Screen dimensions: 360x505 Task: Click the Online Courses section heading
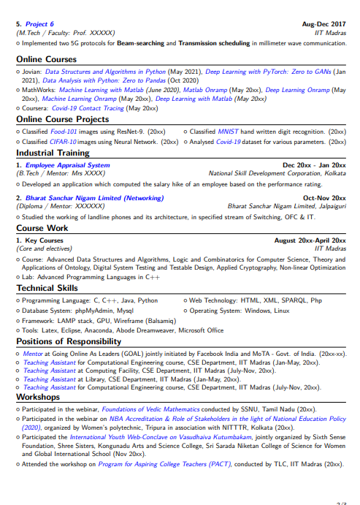coord(46,59)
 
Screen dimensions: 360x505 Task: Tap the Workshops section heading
coord(40,397)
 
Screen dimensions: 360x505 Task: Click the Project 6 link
coord(39,24)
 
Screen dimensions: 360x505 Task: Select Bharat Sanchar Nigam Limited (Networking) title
coord(94,198)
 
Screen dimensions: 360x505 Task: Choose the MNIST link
coord(228,131)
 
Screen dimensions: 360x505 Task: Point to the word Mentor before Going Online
coord(32,353)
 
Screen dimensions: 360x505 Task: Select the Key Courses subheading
coord(44,240)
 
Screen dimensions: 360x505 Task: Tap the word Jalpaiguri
coord(330,207)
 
